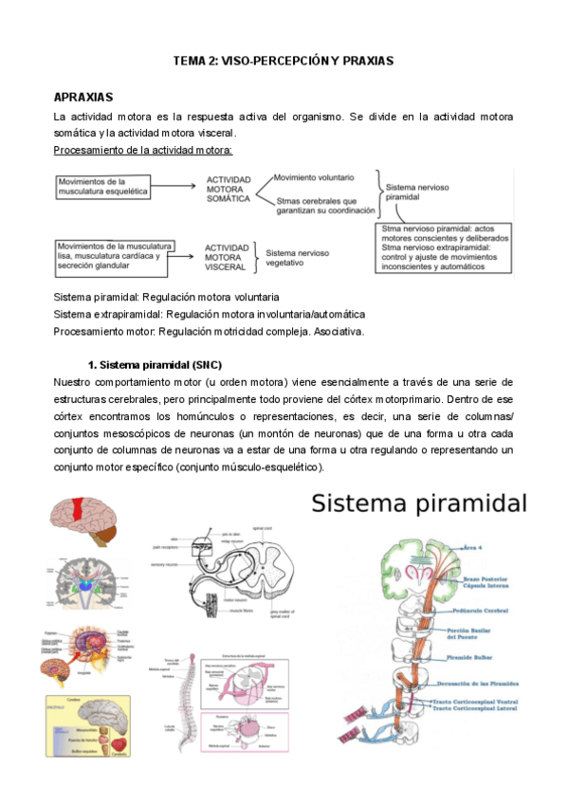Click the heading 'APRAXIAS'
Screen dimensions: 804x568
[x=84, y=98]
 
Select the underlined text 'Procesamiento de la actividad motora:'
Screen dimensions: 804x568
[x=143, y=150]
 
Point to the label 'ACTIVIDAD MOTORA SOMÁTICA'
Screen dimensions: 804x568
[x=229, y=189]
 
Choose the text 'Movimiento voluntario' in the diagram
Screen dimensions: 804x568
[x=314, y=177]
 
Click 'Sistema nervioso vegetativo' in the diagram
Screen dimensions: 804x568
[x=298, y=258]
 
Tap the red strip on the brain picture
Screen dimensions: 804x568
[x=93, y=520]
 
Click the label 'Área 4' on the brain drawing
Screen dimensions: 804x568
[x=476, y=547]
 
